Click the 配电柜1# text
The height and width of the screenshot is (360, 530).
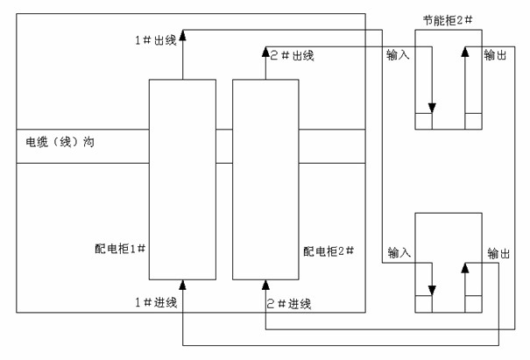[120, 249]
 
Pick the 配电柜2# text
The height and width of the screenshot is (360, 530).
[329, 251]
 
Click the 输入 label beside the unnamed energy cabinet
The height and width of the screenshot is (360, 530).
[399, 252]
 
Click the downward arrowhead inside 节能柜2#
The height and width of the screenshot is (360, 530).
[430, 108]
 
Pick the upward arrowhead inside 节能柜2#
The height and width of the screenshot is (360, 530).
[463, 54]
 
